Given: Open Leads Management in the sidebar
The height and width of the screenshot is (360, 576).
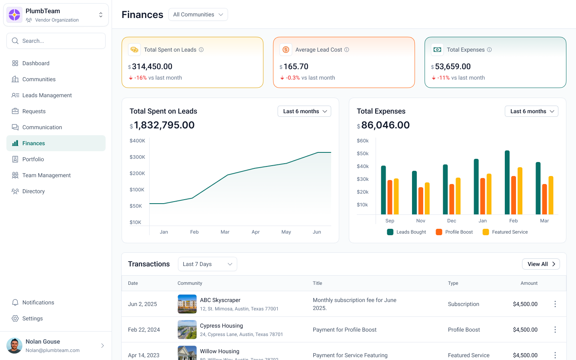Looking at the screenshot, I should pos(47,95).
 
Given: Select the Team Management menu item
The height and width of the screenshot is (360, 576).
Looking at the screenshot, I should pos(46,175).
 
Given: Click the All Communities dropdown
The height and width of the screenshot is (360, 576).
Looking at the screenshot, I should pos(198,14).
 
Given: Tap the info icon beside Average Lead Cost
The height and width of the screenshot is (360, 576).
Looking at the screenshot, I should pos(347,50).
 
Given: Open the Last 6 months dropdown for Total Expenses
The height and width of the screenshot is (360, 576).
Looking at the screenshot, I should pos(531,111).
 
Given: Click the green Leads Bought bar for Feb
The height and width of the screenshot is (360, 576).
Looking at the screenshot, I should pos(507,182).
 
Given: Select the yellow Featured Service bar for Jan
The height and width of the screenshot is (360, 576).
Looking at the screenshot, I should pos(489,194).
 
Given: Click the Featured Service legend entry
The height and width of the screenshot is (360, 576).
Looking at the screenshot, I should pos(506,232).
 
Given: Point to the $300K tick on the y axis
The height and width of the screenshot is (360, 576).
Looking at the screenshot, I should pos(137,157).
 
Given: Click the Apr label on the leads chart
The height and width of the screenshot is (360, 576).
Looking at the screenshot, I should pos(256,232).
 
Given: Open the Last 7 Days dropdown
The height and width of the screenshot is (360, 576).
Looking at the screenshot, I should pos(207,264).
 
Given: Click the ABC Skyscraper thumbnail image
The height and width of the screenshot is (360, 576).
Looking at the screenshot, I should pos(187,304).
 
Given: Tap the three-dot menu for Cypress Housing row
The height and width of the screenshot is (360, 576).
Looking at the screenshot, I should pos(555,330).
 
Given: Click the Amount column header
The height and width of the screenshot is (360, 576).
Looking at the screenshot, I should pos(529,283).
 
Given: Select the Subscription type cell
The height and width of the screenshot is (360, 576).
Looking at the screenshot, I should pos(463,304).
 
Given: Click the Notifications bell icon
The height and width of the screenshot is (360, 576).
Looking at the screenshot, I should pos(15,302).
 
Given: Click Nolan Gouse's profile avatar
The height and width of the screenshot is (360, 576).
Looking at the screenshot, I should pos(14,346).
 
